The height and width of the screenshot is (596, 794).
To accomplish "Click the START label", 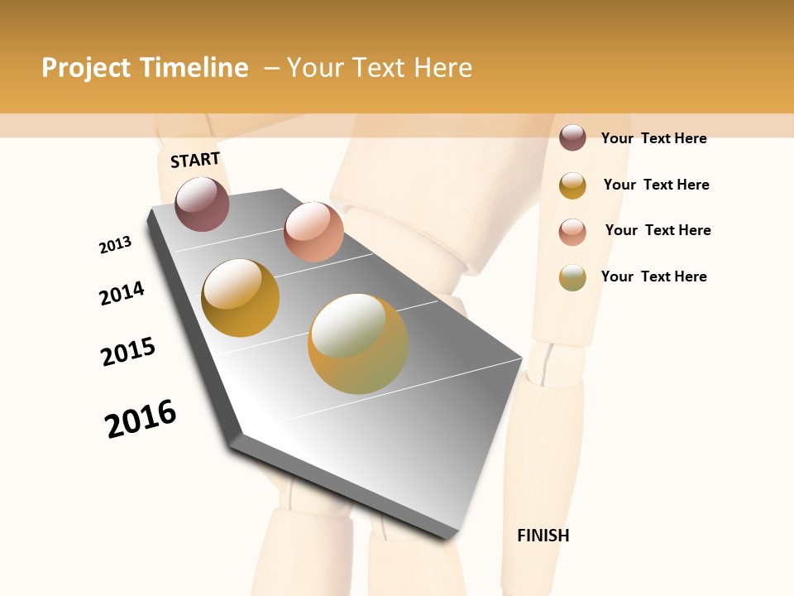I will point(195,160).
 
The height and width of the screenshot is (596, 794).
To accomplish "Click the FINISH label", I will point(543,536).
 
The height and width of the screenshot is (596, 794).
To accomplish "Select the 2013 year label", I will point(115,245).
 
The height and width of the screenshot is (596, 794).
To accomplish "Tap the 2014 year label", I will point(122,293).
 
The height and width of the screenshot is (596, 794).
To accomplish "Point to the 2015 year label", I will point(128,352).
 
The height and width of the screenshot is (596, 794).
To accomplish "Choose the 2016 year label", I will point(141,418).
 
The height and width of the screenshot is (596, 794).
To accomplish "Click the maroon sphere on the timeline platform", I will point(202,204).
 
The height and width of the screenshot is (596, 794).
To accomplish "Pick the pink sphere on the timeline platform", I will point(313,231).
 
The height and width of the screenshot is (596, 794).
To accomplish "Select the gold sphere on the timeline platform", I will point(240,297).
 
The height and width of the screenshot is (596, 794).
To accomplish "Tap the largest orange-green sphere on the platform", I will point(358,344).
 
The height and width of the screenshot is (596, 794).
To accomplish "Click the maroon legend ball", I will point(572,137).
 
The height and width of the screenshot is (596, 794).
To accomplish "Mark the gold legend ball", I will point(572,185).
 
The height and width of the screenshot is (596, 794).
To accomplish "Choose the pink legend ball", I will point(572,232).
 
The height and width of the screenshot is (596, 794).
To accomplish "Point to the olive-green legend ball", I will point(572,277).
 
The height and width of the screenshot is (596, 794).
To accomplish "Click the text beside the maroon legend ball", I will point(653,138).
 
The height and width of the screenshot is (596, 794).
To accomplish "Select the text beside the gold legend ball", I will point(656,185).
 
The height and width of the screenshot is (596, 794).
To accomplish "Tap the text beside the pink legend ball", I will point(658,230).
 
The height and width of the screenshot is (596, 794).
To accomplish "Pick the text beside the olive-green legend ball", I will point(653,276).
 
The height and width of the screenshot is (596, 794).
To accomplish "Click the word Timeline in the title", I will point(194,68).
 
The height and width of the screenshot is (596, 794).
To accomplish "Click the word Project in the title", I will point(86,68).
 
